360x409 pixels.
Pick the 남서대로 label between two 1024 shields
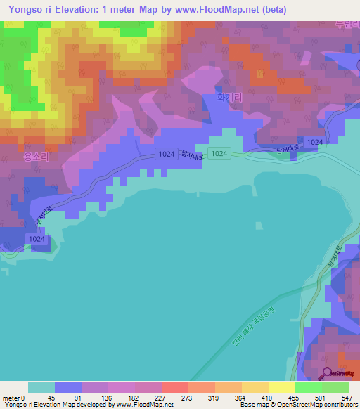click(x=193, y=157)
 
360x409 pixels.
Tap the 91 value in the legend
click(x=68, y=397)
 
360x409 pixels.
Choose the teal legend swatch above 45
click(x=41, y=387)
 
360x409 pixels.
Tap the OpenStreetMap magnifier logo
click(x=328, y=372)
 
